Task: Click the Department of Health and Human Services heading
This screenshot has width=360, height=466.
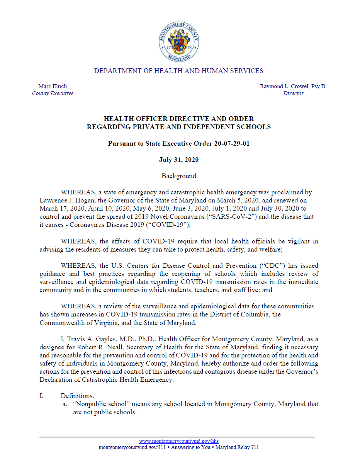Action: (179, 71)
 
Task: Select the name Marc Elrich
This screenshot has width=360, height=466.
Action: (53, 86)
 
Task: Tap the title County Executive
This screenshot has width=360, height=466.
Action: (53, 93)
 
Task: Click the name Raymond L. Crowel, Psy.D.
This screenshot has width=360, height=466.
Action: (293, 86)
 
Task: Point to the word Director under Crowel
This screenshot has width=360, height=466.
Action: (293, 93)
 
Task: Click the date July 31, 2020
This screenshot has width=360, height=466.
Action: (179, 160)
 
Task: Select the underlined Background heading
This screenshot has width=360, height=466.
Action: (179, 176)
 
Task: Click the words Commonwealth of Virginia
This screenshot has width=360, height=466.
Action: (69, 323)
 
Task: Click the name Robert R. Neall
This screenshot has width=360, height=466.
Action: (97, 347)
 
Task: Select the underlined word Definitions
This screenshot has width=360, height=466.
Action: (77, 396)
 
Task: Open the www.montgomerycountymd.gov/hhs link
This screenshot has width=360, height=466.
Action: (179, 441)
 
